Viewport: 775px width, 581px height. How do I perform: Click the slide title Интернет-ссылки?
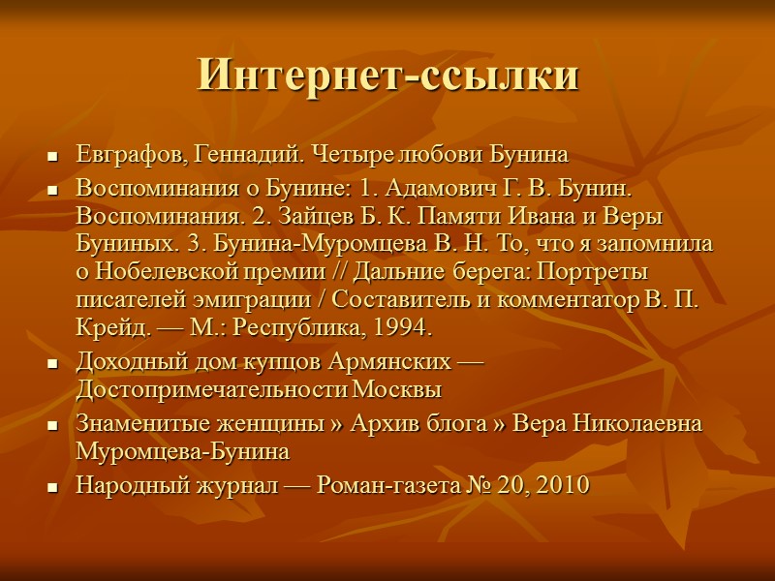[387, 76]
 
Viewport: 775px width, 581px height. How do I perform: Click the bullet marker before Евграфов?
[53, 156]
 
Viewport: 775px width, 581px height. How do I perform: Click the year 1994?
[398, 327]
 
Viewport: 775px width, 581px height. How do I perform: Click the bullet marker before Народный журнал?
[53, 487]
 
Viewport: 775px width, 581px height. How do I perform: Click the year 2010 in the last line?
[562, 486]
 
